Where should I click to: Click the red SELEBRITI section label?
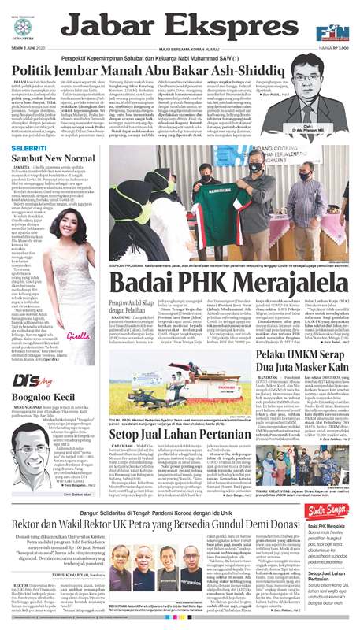click(x=30, y=148)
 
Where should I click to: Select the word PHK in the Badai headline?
click(x=198, y=281)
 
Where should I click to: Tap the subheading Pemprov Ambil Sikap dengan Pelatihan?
click(x=124, y=306)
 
